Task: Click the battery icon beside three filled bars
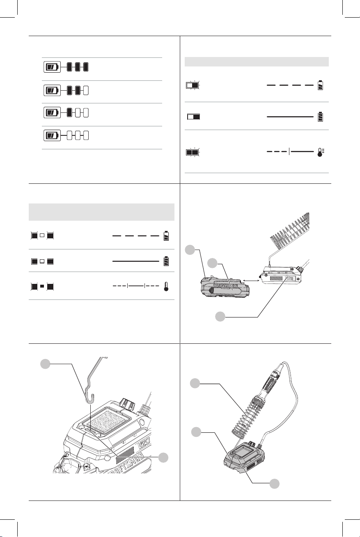52,66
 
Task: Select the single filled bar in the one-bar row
70,112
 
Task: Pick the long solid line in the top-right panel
290,117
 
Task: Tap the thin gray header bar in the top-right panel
257,62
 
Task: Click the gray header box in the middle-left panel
101,212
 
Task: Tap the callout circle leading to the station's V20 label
220,316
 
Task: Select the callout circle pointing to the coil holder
196,384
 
